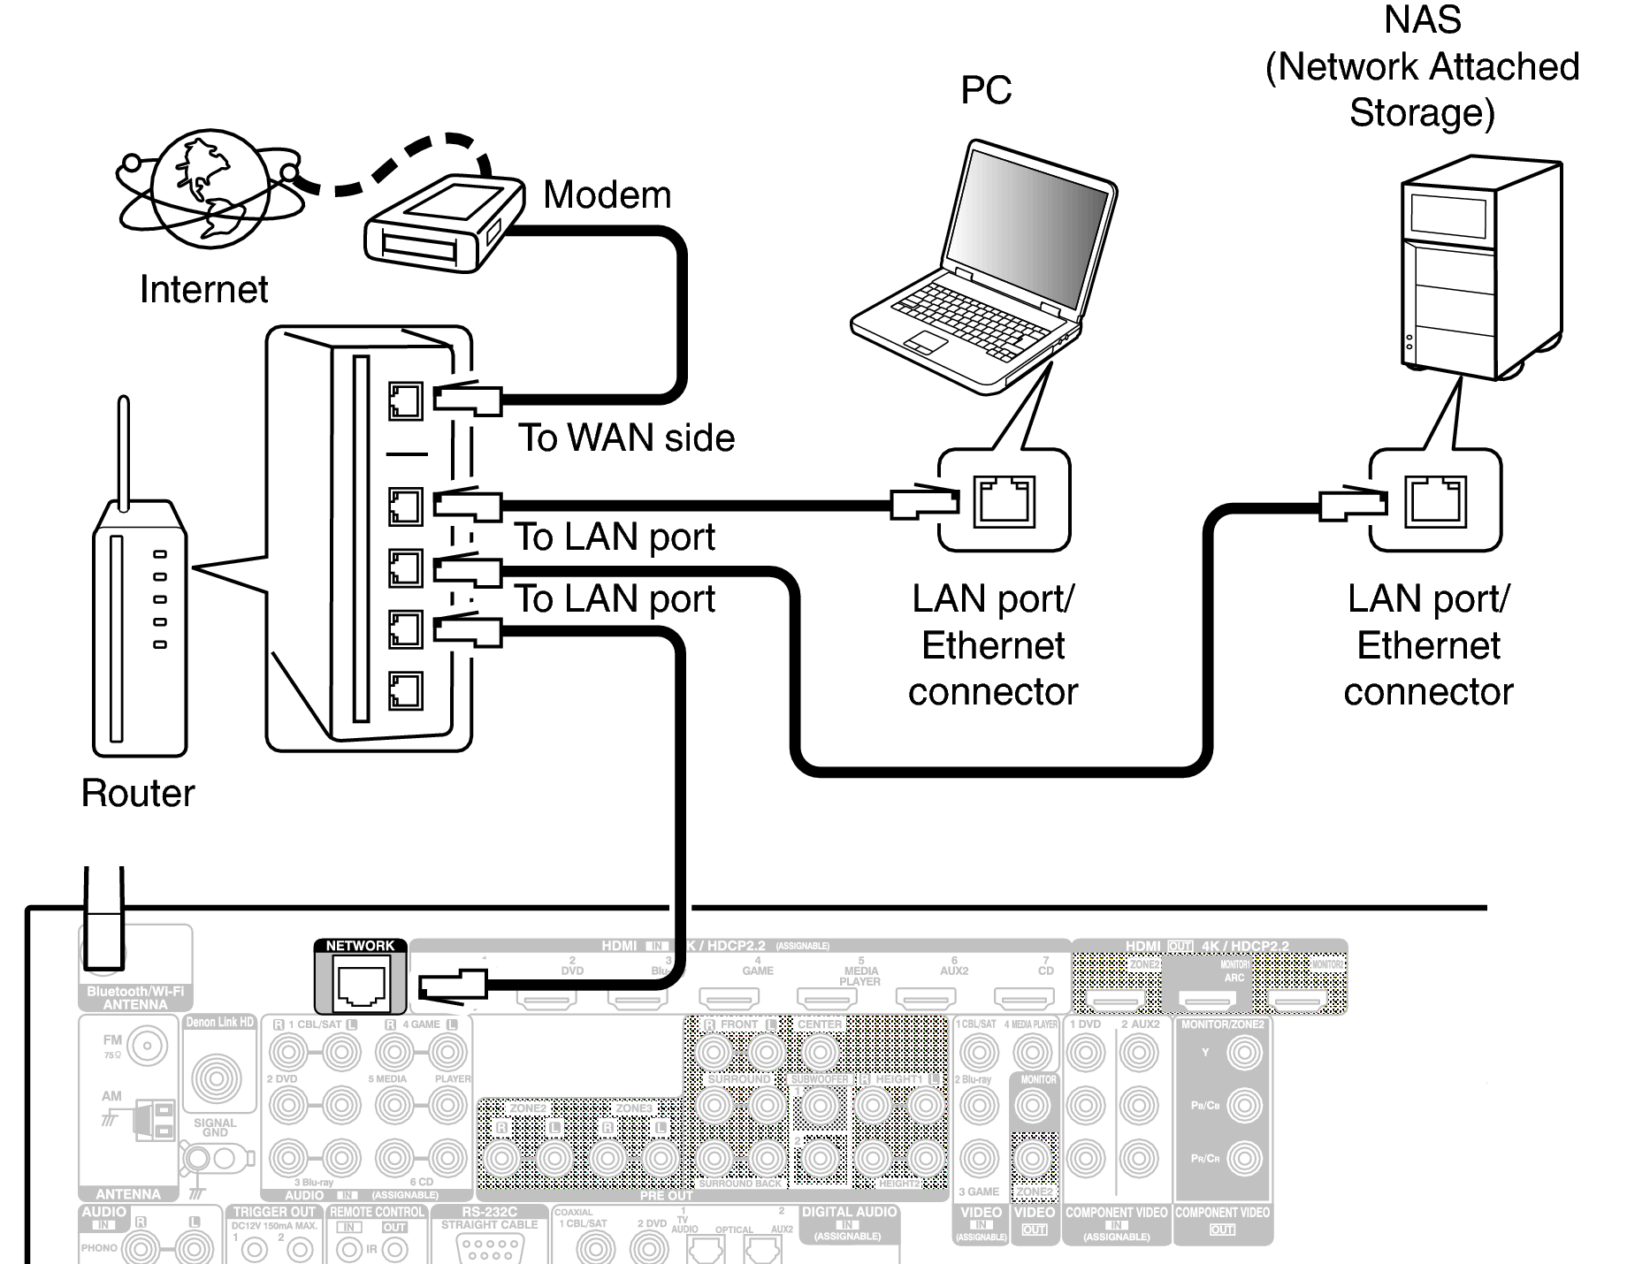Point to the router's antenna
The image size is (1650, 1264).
[x=124, y=451]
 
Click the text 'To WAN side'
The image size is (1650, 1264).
[x=626, y=438]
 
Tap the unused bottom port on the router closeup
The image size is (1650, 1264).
[x=405, y=690]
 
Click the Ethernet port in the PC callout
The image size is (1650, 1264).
[x=1004, y=501]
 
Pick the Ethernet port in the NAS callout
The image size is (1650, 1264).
[x=1435, y=501]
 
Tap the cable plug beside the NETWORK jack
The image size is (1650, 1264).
[x=452, y=986]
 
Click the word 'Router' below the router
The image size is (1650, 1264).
[x=138, y=793]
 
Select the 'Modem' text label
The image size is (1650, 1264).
[x=607, y=195]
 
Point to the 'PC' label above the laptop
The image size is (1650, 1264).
[x=985, y=90]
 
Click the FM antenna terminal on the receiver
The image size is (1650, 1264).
[x=147, y=1047]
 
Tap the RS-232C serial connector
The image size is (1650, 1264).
[x=489, y=1249]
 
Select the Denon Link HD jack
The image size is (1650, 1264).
[x=218, y=1077]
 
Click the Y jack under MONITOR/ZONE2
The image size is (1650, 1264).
[x=1245, y=1053]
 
